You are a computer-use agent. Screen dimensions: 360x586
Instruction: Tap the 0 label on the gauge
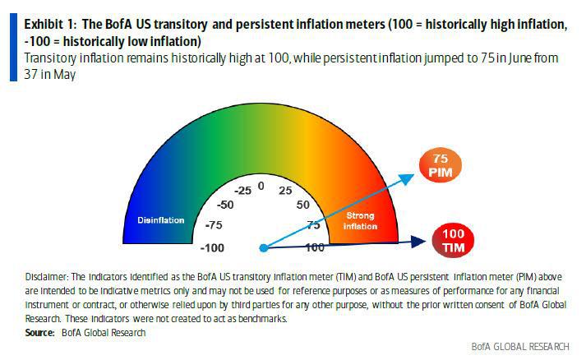(261, 186)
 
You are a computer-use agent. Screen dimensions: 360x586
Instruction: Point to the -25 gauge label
(242, 191)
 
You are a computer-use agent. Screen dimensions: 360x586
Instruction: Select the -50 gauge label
(225, 205)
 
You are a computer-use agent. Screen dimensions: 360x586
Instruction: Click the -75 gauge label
(214, 224)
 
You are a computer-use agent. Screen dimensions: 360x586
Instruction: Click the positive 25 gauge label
(284, 191)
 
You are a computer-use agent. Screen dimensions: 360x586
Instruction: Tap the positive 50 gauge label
(302, 205)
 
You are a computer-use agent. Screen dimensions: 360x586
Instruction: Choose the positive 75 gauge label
(313, 224)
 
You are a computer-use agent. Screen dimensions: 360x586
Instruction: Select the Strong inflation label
(359, 221)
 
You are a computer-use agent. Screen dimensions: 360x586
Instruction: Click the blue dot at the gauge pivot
(263, 247)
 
